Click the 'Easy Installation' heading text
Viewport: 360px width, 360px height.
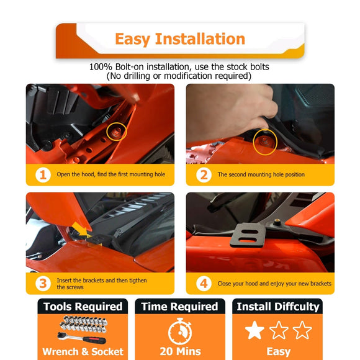tap(180, 39)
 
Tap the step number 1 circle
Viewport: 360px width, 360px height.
tap(43, 175)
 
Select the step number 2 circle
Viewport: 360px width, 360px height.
tap(204, 175)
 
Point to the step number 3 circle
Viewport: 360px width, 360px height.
tap(43, 284)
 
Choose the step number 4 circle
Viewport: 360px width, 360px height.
tap(204, 284)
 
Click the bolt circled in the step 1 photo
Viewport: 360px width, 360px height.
tap(117, 132)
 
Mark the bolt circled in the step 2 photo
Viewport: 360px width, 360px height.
tap(265, 141)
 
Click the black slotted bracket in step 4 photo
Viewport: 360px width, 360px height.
tap(248, 235)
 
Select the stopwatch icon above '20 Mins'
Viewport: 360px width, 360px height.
tap(180, 331)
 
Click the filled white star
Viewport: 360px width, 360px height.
tap(254, 330)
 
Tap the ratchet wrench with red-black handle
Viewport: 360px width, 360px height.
tap(82, 338)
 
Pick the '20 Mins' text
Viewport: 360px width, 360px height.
tap(180, 351)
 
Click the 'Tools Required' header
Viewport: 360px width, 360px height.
tap(83, 307)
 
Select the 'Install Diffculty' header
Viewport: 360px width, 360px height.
tap(278, 307)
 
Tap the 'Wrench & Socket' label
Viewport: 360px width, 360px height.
tap(83, 352)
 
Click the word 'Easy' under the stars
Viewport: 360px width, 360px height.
tap(279, 352)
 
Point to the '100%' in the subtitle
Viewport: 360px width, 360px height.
tap(101, 67)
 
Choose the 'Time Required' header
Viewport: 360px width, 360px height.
tap(179, 307)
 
